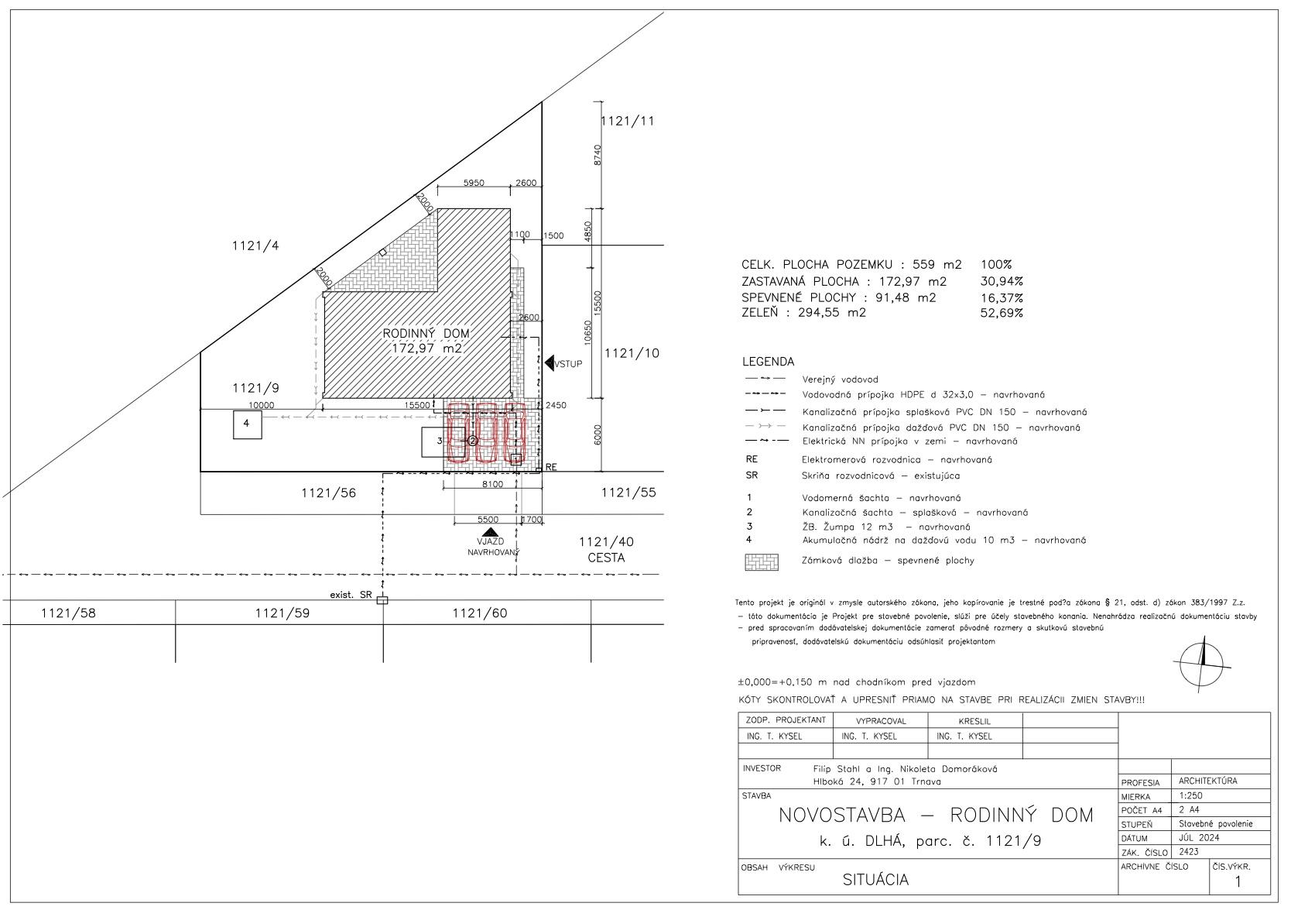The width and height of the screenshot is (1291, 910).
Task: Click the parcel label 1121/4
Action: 255,246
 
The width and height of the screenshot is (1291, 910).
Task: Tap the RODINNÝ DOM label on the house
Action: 426,334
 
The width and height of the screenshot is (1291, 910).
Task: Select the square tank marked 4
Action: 247,424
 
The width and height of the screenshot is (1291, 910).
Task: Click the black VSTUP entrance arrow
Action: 550,362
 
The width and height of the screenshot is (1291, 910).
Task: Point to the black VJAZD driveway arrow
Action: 488,532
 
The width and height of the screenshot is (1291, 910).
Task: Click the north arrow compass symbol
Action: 1202,660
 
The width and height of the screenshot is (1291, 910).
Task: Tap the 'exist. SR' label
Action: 351,595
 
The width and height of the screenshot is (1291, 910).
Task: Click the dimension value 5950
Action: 474,184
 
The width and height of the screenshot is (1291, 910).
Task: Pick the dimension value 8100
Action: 492,484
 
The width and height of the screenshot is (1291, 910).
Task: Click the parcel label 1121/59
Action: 282,613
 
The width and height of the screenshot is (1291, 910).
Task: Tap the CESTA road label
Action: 606,558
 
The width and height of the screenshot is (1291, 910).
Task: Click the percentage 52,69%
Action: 1002,314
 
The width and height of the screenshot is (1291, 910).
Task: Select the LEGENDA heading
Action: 768,362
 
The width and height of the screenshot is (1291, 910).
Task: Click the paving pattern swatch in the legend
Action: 761,562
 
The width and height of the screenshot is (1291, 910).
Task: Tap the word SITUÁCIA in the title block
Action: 875,881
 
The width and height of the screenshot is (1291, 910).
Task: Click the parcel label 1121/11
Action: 627,122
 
